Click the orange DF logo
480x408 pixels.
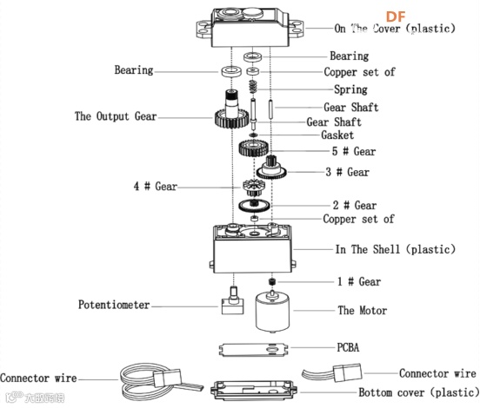click(396, 16)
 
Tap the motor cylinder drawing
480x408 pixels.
click(272, 312)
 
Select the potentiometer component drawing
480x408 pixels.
click(233, 300)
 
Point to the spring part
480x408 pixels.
click(252, 87)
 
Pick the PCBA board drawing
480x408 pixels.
click(253, 349)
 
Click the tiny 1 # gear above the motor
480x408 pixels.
click(271, 281)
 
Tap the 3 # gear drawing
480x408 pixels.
click(271, 168)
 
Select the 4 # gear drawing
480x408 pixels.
click(254, 188)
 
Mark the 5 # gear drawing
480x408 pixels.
click(254, 148)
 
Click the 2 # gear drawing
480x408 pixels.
click(254, 206)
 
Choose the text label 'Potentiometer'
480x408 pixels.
click(114, 305)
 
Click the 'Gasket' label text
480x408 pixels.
click(337, 135)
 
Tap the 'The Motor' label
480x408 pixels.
click(362, 311)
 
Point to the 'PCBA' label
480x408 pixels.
click(348, 347)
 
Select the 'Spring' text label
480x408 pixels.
click(350, 89)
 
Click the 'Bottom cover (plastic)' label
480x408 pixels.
click(419, 392)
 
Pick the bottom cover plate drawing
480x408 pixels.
click(253, 390)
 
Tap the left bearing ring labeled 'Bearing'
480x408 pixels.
click(231, 71)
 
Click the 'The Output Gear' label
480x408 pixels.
click(116, 116)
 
